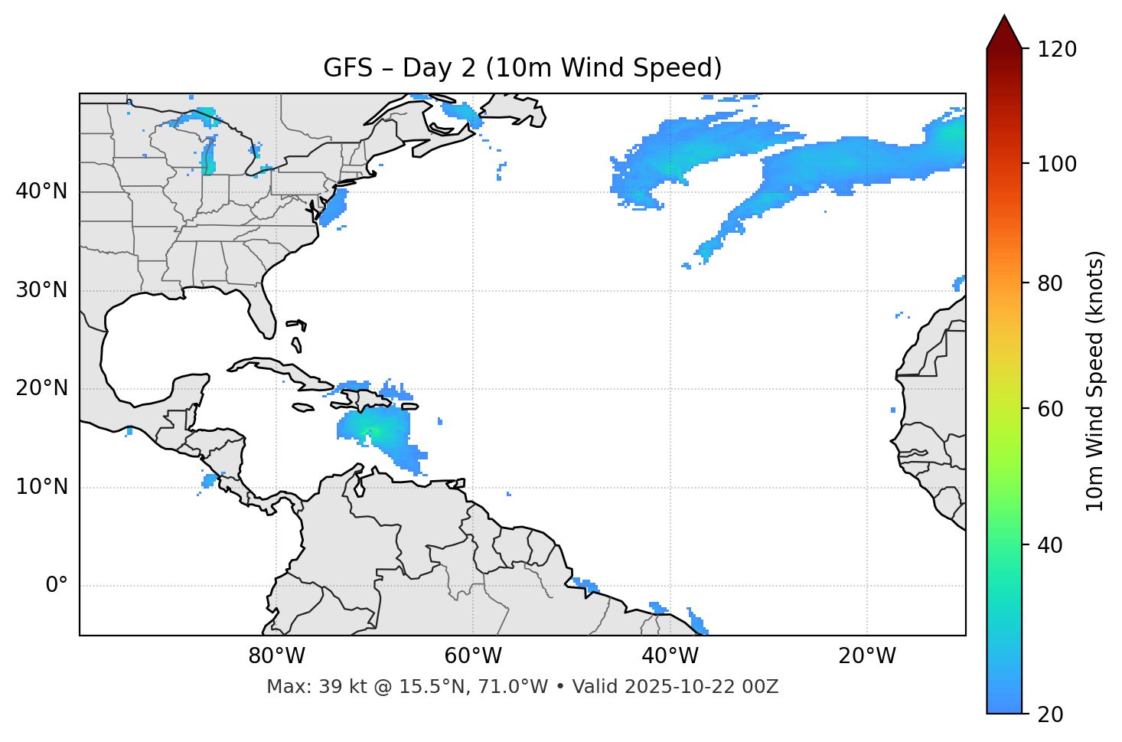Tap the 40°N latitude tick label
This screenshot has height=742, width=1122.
[x=41, y=191]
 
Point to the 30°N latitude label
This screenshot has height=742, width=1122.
[x=41, y=290]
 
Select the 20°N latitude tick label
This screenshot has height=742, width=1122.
[x=41, y=388]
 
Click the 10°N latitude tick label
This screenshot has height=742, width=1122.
[x=41, y=487]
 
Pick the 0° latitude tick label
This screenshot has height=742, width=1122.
[x=56, y=585]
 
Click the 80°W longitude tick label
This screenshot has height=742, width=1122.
[x=276, y=656]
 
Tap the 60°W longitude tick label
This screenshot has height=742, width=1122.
[x=473, y=656]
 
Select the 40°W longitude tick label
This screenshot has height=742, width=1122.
[x=670, y=656]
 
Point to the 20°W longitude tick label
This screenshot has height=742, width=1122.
[x=866, y=656]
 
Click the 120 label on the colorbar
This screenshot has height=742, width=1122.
[x=1057, y=49]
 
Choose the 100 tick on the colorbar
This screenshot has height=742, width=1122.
[x=1057, y=164]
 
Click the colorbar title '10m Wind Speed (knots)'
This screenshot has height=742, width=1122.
[x=1095, y=381]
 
